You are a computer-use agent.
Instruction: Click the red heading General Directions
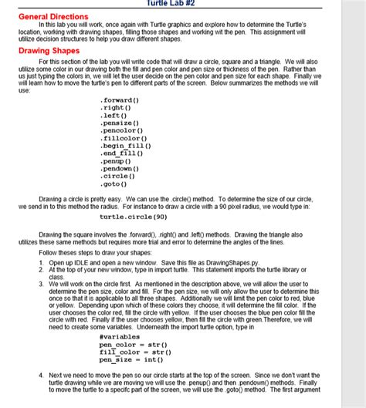(53, 15)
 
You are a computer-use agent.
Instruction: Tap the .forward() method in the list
(120, 100)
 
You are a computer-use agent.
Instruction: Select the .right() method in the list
(115, 108)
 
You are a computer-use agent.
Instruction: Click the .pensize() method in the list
(120, 123)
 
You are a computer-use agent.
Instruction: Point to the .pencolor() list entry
(121, 131)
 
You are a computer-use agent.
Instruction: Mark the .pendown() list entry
(120, 169)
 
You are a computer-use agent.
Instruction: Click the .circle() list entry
(118, 177)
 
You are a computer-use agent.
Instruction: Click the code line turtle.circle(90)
(134, 217)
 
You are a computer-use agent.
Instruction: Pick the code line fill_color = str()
(135, 352)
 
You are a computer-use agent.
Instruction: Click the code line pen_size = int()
(130, 359)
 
